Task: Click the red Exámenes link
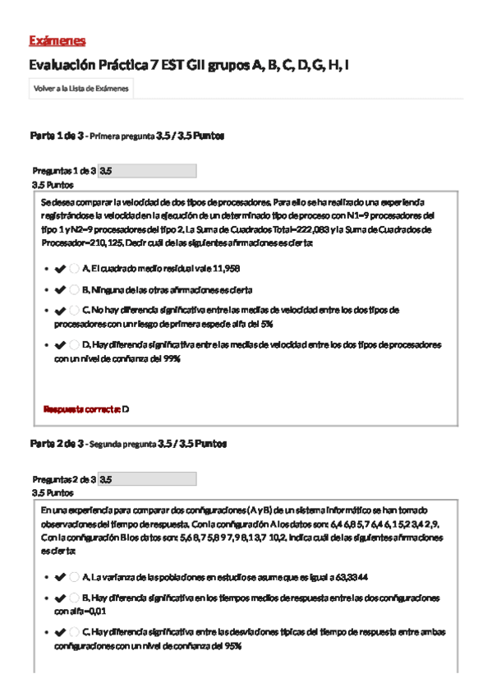point(57,41)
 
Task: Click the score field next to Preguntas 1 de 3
point(147,171)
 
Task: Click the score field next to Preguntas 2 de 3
point(147,478)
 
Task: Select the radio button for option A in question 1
point(75,269)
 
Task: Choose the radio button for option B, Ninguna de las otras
point(75,289)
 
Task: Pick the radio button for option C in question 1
point(75,311)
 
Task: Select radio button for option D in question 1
point(75,345)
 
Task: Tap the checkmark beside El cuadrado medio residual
point(60,269)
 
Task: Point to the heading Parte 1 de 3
point(57,136)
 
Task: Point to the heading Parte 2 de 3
point(57,444)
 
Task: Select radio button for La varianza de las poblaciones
point(75,577)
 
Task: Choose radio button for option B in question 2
point(75,598)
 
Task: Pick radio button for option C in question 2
point(75,632)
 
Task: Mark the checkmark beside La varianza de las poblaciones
point(60,577)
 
